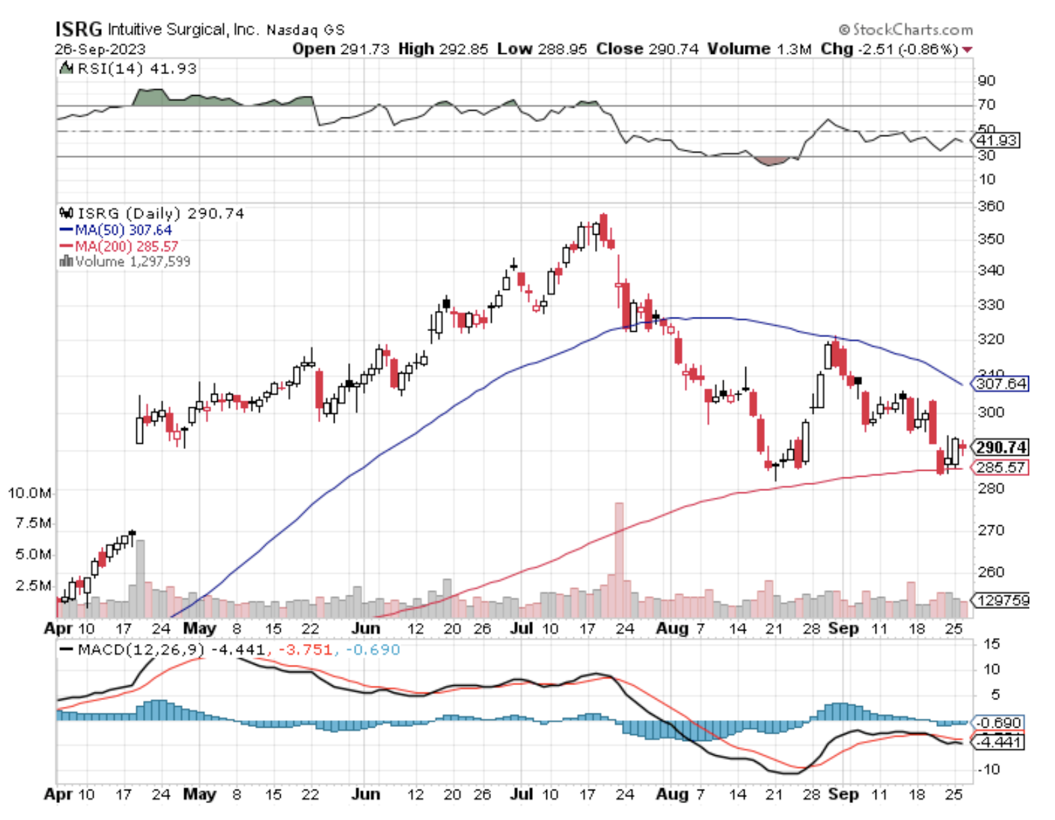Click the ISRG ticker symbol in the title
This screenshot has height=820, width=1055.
pos(78,29)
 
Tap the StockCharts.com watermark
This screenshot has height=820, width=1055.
pos(906,30)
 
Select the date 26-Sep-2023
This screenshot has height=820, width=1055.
pos(100,49)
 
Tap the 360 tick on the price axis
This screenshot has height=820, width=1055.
pos(991,206)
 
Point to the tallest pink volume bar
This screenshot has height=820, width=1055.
pos(619,560)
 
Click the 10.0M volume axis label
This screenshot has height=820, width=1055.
pos(29,493)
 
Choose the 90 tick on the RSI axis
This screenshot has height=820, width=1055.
pos(986,81)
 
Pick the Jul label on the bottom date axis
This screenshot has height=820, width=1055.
pos(521,794)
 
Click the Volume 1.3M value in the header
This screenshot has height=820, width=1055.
pos(759,49)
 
